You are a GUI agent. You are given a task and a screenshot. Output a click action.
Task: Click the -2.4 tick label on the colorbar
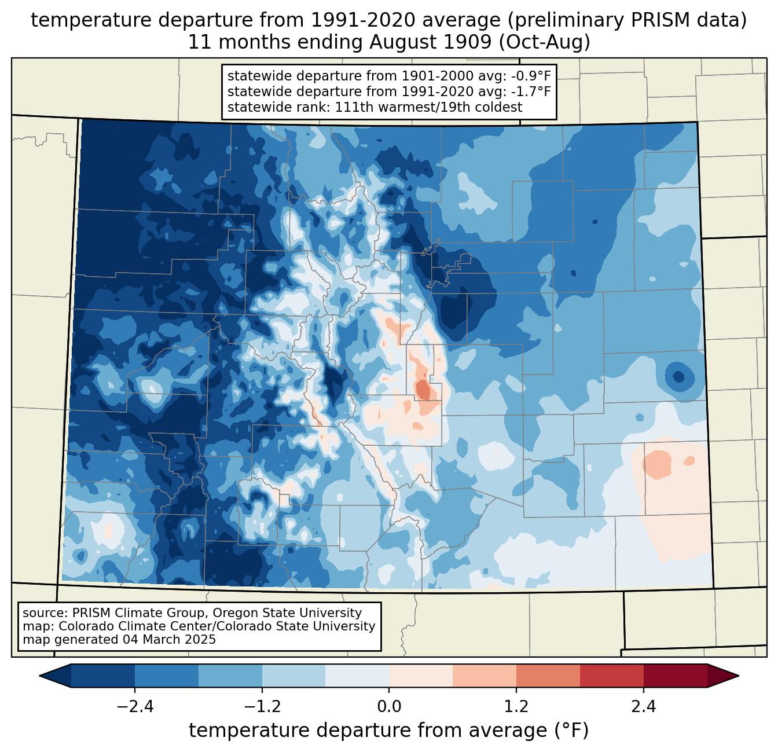click(135, 707)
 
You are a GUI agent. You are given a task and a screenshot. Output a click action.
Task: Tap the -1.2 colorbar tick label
click(262, 707)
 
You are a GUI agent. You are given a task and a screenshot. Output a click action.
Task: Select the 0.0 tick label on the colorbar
click(389, 707)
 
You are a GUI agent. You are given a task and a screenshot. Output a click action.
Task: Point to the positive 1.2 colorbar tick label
click(516, 707)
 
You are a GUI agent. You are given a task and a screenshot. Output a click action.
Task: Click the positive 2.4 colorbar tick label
click(643, 707)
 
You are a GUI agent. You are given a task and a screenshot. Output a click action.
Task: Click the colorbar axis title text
click(388, 731)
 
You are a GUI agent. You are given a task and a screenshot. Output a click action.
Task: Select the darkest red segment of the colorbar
click(675, 676)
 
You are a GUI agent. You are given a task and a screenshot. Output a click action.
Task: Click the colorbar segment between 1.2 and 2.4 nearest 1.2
click(548, 676)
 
